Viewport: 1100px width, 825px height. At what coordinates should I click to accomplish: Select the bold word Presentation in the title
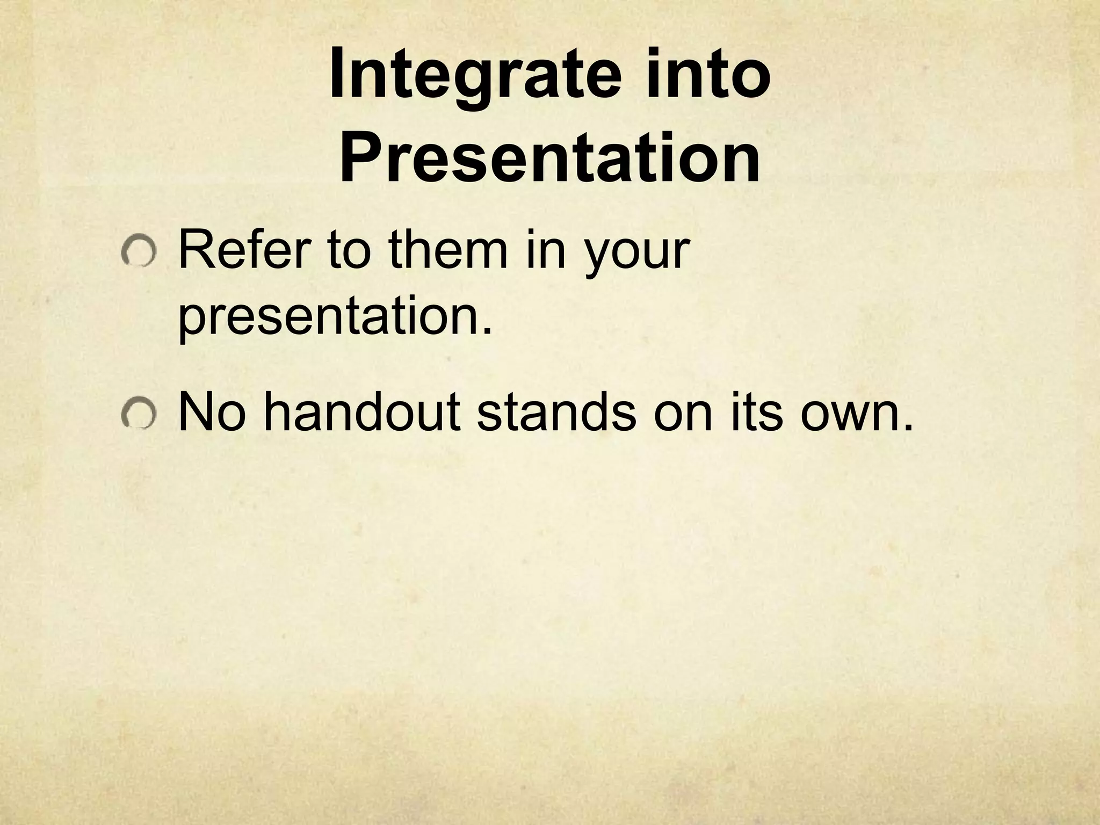tap(549, 157)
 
